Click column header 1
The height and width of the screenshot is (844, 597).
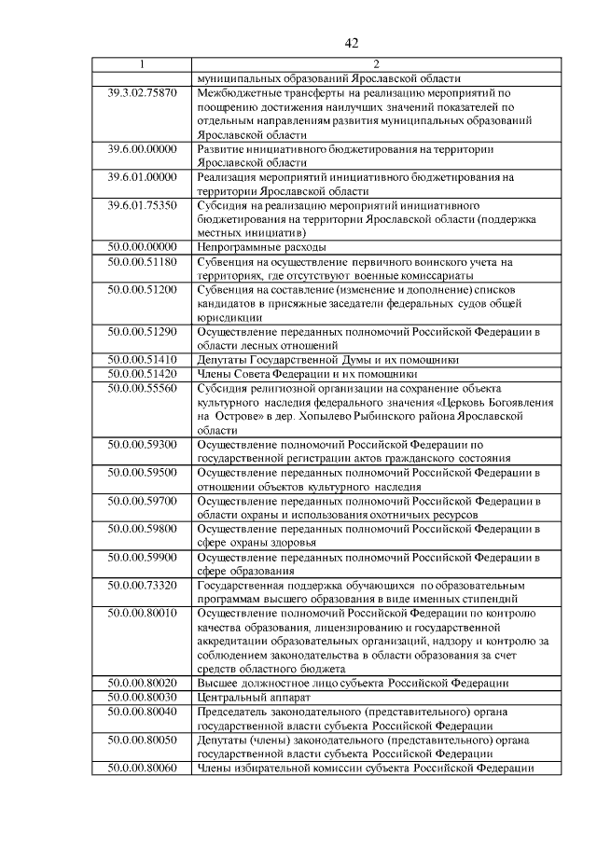tap(142, 64)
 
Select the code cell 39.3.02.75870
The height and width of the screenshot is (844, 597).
tap(142, 93)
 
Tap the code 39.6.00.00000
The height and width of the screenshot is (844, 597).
tap(142, 149)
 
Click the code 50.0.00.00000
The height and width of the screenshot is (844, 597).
tap(142, 247)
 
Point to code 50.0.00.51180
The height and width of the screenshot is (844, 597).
tap(142, 262)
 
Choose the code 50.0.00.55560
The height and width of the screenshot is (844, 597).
tap(142, 388)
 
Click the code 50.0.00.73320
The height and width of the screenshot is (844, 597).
tap(142, 584)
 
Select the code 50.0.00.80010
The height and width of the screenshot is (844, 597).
tap(142, 613)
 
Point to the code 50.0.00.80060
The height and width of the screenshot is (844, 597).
tap(142, 768)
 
